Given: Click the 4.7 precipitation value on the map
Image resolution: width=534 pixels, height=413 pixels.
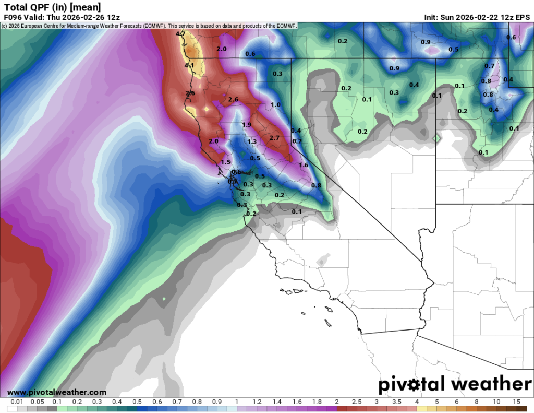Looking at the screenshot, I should tap(181, 34).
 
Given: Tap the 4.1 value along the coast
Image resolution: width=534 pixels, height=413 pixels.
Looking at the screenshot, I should tap(189, 66).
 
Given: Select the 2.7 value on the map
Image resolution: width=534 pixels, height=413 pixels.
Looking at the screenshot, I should tap(274, 138).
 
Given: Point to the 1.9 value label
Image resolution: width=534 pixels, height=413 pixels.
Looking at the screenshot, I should tap(247, 125).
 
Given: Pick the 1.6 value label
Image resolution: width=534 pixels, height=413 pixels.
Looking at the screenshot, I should tap(304, 165).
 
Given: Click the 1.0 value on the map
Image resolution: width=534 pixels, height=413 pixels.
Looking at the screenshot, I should tap(276, 105).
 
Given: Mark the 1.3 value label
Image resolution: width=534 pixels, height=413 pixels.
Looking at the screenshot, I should tap(252, 142).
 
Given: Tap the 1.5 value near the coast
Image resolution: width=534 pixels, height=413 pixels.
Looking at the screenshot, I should tap(225, 162).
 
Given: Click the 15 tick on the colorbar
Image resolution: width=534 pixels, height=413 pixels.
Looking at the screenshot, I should tap(516, 402).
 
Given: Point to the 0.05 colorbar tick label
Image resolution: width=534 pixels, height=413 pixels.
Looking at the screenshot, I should tap(37, 402).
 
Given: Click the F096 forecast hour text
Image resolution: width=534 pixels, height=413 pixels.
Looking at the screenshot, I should tap(13, 17).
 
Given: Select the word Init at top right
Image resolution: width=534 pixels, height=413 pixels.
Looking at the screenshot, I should tap(432, 17).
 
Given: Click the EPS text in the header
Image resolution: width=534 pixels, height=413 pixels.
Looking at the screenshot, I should tap(523, 17).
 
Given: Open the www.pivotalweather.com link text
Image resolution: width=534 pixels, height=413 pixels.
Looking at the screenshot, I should tap(57, 392).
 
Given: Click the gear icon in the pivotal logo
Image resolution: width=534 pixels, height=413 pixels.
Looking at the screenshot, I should tap(416, 385).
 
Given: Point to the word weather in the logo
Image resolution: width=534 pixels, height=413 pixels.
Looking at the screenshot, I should tap(491, 384).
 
